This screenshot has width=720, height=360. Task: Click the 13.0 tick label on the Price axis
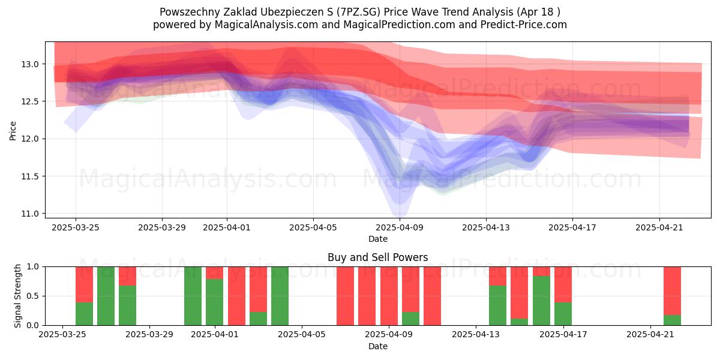point(30,64)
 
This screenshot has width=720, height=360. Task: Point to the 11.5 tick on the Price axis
point(30,176)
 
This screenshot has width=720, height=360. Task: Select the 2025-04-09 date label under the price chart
point(400,227)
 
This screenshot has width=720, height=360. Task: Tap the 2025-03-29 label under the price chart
point(162,227)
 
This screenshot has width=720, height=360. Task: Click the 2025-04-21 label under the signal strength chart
point(650,334)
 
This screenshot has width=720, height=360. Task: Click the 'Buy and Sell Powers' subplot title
point(377,257)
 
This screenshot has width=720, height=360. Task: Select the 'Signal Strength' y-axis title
point(17,296)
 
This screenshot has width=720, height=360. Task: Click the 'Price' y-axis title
point(13,131)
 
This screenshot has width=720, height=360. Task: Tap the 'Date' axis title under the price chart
point(377,239)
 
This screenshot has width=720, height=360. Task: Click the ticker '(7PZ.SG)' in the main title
point(358,12)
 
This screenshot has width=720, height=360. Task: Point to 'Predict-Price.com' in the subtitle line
point(524,25)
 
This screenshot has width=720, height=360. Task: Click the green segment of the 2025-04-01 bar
point(214,302)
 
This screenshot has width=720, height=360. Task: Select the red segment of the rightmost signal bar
point(672,290)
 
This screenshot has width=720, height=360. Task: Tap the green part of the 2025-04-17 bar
point(563,314)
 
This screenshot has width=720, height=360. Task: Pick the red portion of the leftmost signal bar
point(84,284)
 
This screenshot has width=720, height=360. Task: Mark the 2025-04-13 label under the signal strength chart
point(476,334)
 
